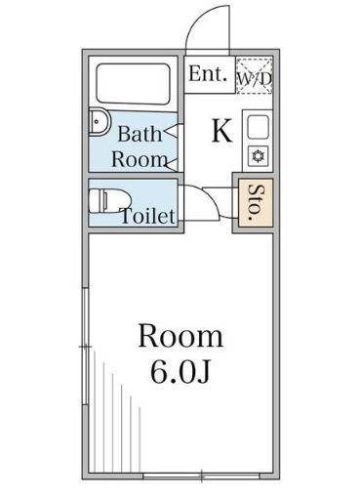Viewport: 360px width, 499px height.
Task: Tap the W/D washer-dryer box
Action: [x=255, y=75]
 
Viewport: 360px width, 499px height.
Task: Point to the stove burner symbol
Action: [x=258, y=155]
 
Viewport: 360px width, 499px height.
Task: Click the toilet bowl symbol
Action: [x=101, y=201]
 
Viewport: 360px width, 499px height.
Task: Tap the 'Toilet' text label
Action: [x=147, y=216]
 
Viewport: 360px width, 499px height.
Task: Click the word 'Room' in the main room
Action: [x=180, y=338]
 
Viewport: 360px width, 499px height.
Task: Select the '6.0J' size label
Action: [x=180, y=372]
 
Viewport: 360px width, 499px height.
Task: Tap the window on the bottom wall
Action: [x=200, y=475]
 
